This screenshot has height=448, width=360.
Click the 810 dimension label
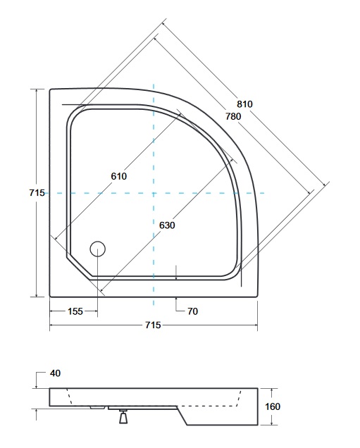tap(244, 104)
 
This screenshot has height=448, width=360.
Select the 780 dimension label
tap(233, 116)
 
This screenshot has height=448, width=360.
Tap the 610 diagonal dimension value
tap(119, 176)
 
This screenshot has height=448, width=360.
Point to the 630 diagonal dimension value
tap(167, 225)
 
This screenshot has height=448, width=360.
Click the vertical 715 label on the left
tap(37, 193)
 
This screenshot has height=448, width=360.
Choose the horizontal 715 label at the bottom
tap(153, 325)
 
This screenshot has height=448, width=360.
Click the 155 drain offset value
tap(75, 311)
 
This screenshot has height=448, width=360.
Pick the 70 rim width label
tap(193, 311)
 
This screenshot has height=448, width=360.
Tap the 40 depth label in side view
tap(55, 373)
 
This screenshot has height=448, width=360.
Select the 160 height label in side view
tap(273, 406)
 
